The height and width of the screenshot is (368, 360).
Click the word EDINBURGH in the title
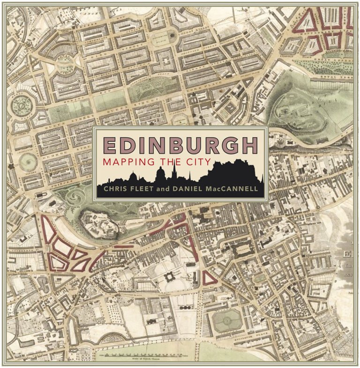tap(180, 146)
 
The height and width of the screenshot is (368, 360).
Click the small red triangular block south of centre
tap(209, 278)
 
